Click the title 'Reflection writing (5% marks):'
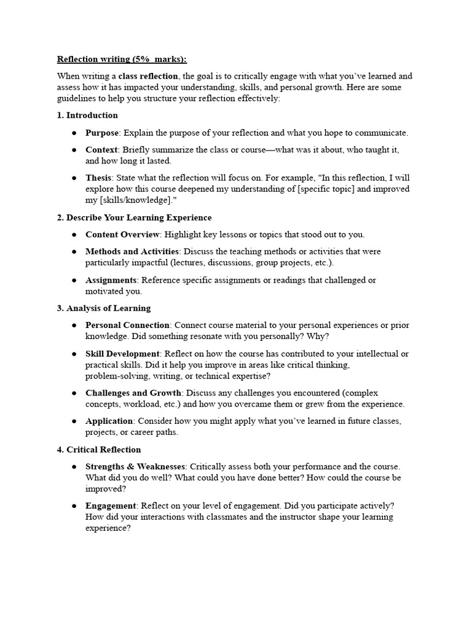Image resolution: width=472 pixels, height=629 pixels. (122, 59)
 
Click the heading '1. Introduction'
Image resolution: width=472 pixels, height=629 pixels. (87, 115)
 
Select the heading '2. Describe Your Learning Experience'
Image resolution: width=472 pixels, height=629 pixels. (134, 217)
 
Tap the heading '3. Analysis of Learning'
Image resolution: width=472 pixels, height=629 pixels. (104, 308)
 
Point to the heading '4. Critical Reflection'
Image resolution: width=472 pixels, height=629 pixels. (99, 449)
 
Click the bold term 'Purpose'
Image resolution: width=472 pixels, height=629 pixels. (102, 132)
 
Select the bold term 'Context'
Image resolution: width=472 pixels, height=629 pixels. (101, 149)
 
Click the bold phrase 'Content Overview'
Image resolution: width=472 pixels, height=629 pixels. (122, 234)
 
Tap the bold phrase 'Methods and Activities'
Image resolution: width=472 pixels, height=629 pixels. (132, 251)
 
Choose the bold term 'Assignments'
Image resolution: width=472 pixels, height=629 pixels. (111, 279)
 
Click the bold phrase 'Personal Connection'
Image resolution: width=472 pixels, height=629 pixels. (127, 325)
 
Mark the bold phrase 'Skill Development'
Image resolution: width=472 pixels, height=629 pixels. (122, 353)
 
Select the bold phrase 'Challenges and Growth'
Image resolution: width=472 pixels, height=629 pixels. (133, 393)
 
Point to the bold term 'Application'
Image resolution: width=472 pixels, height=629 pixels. (109, 421)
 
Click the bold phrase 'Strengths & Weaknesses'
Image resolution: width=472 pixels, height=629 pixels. (135, 466)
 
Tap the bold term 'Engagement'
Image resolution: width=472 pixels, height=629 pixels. (111, 506)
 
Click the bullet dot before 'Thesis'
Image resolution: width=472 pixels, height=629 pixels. (74, 178)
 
